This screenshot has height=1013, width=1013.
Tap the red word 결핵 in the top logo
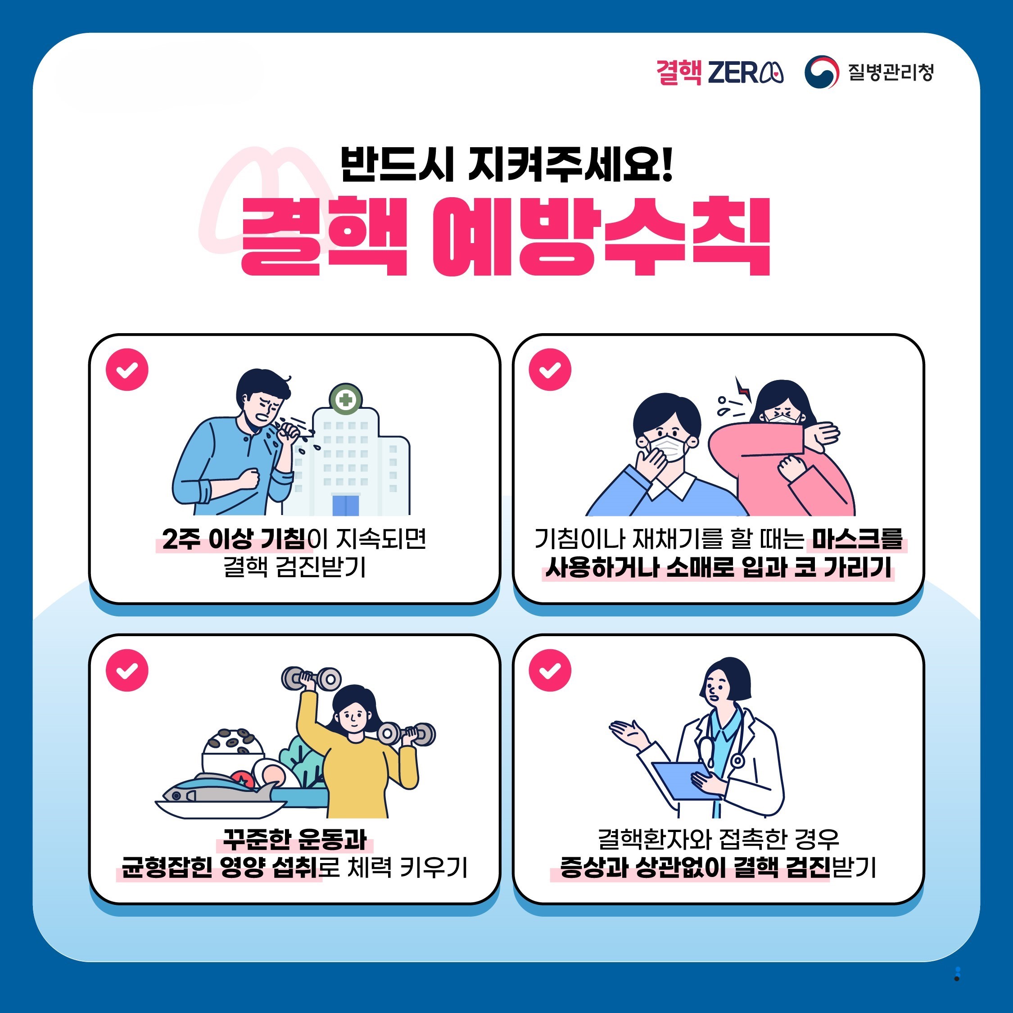click(x=678, y=72)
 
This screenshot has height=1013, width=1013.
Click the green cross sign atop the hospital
click(x=345, y=401)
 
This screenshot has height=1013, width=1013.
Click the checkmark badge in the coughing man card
click(x=127, y=369)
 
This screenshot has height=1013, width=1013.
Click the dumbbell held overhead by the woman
click(x=312, y=678)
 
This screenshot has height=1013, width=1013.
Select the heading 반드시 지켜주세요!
click(x=506, y=164)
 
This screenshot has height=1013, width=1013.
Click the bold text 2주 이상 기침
click(x=233, y=539)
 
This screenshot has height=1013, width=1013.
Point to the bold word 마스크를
click(x=857, y=539)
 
